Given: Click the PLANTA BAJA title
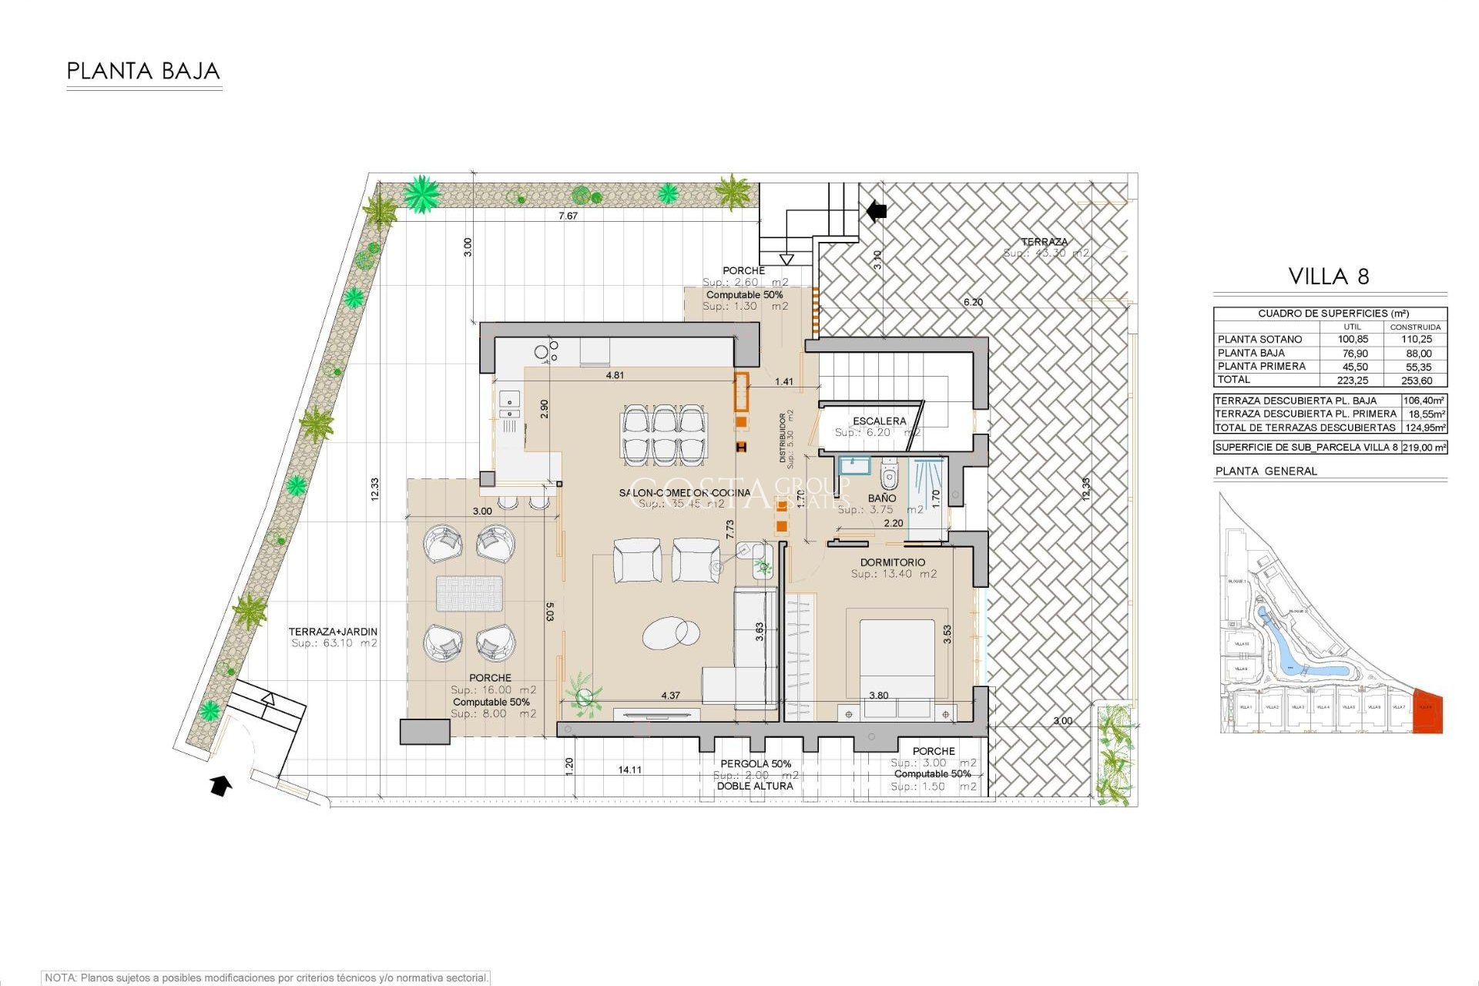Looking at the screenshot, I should (x=143, y=72).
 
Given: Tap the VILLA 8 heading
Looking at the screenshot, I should (x=1329, y=277).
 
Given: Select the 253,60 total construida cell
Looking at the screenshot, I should (x=1417, y=381).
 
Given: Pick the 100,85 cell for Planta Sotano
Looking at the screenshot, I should (x=1353, y=339).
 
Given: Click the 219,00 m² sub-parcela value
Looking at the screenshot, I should (x=1424, y=447).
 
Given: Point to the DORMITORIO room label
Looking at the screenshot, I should (x=893, y=562).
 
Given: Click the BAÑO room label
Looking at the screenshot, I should (x=881, y=498).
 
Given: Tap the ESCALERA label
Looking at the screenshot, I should (x=879, y=421).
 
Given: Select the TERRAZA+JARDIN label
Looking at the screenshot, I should (x=333, y=632).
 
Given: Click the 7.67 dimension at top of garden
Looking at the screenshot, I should (x=568, y=216).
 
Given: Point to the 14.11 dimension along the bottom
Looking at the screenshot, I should (x=629, y=770).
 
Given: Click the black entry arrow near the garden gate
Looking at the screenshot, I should (x=221, y=786).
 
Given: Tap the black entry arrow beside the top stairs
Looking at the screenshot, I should (x=877, y=210).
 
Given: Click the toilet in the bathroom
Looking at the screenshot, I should (x=889, y=475).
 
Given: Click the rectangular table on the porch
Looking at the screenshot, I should (x=469, y=594).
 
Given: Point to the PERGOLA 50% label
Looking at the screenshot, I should (x=756, y=763).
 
